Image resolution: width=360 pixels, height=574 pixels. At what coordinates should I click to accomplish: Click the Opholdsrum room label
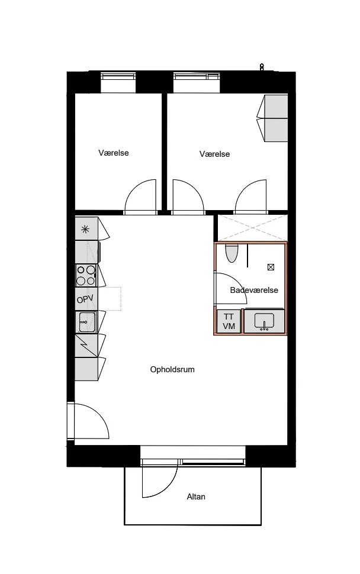point(172,369)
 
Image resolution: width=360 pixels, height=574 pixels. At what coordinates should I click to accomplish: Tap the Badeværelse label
point(254,290)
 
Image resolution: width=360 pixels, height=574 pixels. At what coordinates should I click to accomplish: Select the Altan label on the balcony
point(196,496)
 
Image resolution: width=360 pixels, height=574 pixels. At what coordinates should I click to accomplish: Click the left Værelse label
point(114,153)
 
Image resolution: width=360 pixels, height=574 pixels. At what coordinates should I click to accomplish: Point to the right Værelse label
point(214,154)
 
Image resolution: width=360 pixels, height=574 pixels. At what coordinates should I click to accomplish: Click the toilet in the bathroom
point(232,253)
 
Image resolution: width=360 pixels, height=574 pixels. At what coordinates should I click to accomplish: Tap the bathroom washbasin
point(264,322)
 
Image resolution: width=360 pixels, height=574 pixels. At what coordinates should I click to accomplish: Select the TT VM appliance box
point(229,321)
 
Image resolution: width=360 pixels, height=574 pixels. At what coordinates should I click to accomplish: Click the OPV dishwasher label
point(85,299)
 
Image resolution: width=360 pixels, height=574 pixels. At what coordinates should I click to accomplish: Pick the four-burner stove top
point(86,275)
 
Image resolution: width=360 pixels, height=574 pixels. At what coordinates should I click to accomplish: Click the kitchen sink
point(86,322)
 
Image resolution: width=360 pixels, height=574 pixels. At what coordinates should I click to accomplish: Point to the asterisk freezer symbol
point(85,230)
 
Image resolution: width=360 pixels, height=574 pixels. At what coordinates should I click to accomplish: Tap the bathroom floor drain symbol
point(271,267)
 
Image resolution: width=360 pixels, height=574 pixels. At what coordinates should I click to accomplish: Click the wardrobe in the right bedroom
point(273,118)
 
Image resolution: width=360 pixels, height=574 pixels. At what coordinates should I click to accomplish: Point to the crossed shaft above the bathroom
point(253,228)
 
